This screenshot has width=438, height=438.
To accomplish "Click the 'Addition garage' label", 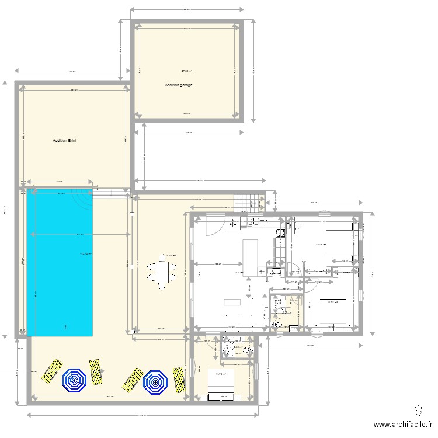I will click(x=178, y=85).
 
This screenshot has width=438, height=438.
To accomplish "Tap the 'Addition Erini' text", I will click(x=65, y=141).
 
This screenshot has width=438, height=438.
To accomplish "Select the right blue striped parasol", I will click(x=155, y=381).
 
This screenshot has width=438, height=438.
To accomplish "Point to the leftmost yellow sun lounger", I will click(x=51, y=370).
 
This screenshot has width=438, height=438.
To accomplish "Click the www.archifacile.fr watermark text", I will click(x=403, y=425).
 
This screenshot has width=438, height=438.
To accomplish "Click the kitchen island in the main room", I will click(x=250, y=258).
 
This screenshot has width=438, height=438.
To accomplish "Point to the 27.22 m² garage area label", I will click(x=187, y=71).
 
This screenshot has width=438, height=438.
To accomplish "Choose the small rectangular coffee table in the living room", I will click(x=232, y=302).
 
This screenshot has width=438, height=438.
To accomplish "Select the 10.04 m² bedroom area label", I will click(x=320, y=245).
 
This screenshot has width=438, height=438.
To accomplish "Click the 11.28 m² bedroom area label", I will click(x=332, y=302).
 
